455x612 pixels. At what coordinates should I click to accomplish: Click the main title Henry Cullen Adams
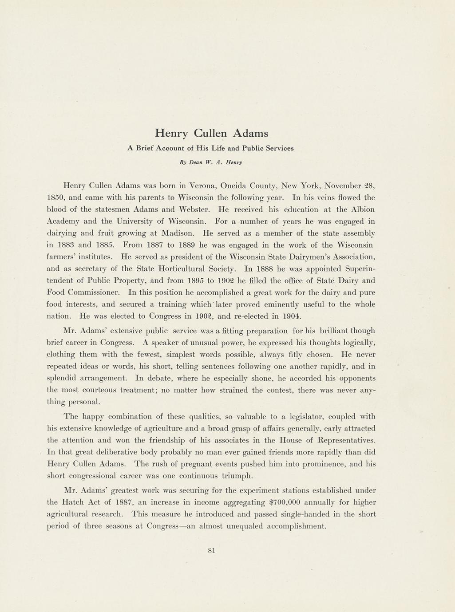click(211, 133)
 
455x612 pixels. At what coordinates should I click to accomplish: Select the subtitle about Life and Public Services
click(210, 148)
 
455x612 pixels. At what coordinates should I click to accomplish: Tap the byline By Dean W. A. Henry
click(211, 162)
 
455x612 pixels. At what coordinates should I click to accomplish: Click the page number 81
click(211, 551)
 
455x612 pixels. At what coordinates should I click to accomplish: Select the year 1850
click(55, 197)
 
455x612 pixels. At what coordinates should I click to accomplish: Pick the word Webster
click(194, 209)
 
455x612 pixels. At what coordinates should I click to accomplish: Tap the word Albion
click(362, 209)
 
